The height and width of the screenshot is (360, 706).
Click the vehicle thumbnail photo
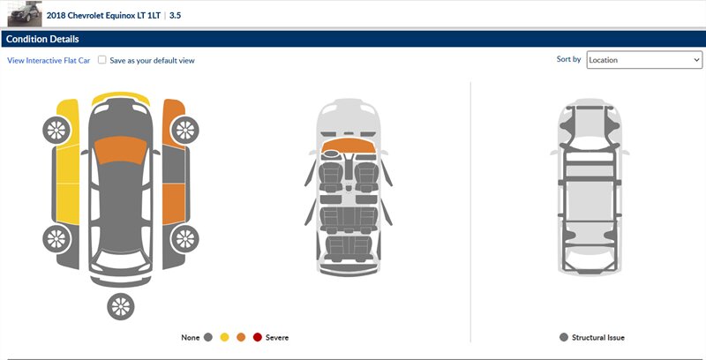coord(25,14)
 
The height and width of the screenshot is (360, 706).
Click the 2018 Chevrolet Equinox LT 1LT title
coord(103,15)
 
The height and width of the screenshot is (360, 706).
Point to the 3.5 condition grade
coord(175,15)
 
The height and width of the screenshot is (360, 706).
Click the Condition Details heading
coord(42,39)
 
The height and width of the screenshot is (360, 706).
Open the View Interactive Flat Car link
coord(49,60)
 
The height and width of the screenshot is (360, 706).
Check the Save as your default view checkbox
coord(102,60)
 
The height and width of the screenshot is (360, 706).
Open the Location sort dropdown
coord(644,60)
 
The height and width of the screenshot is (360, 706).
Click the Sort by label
coord(568,59)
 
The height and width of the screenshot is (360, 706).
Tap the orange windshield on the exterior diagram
coord(120,150)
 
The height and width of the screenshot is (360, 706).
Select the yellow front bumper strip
coord(121,97)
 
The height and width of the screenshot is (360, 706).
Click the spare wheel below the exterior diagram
coord(121,306)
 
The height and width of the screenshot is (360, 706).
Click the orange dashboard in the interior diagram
coord(349,146)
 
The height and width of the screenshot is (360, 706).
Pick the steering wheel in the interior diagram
coord(332,154)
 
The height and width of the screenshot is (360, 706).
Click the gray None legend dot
coord(207,337)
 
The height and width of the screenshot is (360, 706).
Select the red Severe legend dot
coord(257,337)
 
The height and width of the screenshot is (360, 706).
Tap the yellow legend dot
coord(224,337)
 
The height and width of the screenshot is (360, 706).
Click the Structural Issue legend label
coord(598,337)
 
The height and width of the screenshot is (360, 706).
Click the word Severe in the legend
coord(277,337)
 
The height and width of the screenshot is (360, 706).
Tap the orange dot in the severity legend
coord(241,337)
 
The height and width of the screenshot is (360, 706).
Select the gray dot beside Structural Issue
coord(563,337)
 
